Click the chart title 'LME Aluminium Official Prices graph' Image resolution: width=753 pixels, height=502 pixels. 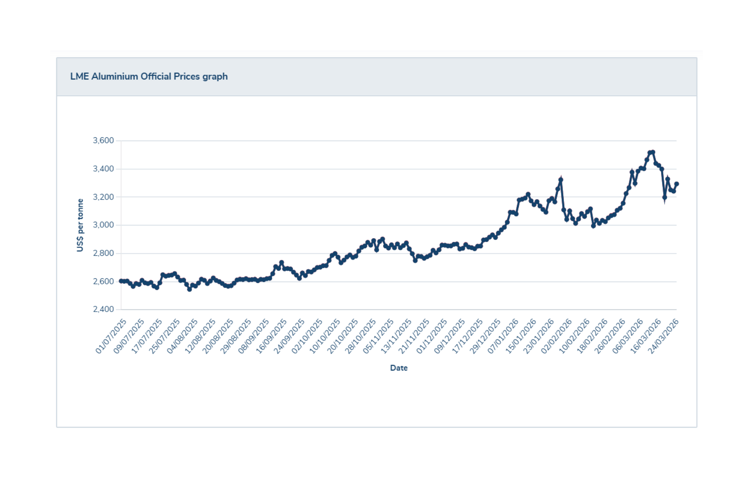(149, 76)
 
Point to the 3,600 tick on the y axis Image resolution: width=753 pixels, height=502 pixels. (103, 141)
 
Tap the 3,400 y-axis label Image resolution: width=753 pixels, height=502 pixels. (103, 169)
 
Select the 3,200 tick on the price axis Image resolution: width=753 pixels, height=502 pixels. (103, 197)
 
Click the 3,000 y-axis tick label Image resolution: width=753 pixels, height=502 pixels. (103, 225)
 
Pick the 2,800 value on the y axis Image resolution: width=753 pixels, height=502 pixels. (103, 253)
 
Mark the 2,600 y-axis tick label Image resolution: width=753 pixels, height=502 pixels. (103, 281)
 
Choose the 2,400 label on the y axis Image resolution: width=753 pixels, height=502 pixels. (103, 309)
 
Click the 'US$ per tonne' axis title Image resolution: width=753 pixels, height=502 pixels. (80, 225)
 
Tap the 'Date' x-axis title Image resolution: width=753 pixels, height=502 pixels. (398, 368)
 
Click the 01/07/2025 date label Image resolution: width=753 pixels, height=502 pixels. (111, 336)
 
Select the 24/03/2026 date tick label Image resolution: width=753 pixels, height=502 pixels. (663, 336)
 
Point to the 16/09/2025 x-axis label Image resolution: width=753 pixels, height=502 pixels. (271, 336)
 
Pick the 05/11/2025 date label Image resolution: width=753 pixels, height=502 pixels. (378, 336)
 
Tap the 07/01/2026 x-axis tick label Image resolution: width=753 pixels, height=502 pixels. (503, 336)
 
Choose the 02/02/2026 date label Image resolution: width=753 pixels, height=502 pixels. (556, 336)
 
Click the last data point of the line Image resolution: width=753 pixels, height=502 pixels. (676, 184)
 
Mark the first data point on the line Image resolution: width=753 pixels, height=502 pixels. (121, 281)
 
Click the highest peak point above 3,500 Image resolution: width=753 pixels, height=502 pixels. (653, 152)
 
